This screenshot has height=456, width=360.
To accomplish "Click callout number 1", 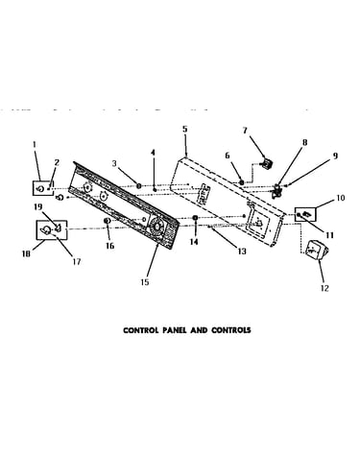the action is pos(35,145).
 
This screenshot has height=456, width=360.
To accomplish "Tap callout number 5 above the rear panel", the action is pos(185,130).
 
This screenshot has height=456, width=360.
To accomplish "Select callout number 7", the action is pos(245,131).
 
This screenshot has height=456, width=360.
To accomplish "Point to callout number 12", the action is pos(324,288).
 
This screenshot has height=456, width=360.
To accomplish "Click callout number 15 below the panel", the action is pos(145,282).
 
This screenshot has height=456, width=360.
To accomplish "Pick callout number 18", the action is pos(26,253).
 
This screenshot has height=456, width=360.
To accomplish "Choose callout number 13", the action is pos(242,252).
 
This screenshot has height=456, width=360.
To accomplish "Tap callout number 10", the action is pos(341,198).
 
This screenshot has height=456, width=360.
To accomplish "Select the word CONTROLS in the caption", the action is pos(230,330).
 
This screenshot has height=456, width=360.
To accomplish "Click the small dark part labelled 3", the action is pos(139,185).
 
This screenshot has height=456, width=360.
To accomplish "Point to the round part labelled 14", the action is pos(195,218).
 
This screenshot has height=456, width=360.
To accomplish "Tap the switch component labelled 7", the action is pos(267,163).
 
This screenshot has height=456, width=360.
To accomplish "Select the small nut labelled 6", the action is pos(242,182).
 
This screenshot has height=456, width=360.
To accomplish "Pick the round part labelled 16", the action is pos(108,221).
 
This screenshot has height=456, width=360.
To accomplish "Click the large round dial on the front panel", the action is pos(156,227).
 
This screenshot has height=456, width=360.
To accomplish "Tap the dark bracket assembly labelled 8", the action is pos(276,191).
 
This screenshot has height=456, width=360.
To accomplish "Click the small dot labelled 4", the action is pos(155,190).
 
